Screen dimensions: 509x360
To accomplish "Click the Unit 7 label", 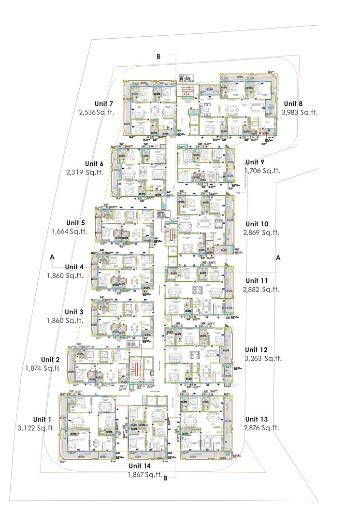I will [104, 104].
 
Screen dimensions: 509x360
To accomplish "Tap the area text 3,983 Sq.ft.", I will [300, 112].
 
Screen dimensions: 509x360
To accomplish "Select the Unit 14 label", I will [140, 465].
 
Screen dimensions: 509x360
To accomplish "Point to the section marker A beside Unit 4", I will [52, 258].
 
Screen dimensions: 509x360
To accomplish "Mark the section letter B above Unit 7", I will [158, 57].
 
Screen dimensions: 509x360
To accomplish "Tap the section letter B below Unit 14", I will [166, 479].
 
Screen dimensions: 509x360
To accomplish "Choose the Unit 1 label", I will [42, 419].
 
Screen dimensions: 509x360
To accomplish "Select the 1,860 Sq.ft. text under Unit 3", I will [65, 320].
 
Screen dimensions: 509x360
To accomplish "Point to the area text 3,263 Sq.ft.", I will [263, 359].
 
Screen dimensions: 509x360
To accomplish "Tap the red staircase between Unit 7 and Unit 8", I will [186, 90].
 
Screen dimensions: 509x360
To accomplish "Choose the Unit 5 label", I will [76, 222].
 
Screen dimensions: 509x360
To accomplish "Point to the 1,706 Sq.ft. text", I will [263, 171].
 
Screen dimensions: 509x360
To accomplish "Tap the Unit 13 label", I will [257, 419].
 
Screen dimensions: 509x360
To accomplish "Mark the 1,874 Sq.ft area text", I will [43, 368].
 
